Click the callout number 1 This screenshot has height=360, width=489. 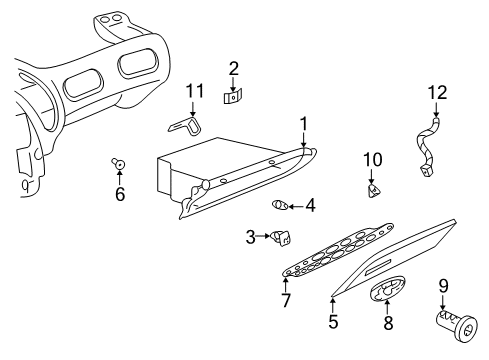click(303, 124)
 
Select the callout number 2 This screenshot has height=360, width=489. click(233, 68)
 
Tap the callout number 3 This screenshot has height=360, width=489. click(251, 236)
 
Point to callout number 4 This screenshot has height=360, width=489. click(310, 206)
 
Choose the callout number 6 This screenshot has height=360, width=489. click(120, 194)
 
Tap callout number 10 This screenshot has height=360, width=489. click(372, 159)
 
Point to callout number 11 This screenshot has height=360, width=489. click(195, 93)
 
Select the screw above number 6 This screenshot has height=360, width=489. click(117, 163)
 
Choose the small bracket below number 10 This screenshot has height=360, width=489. click(373, 187)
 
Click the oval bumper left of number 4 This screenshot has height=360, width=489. click(281, 205)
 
